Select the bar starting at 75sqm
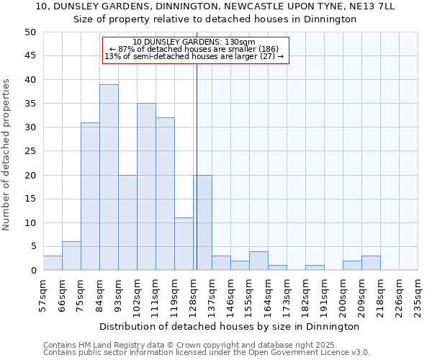click(90, 197)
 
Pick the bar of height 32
click(165, 194)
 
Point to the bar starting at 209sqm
click(371, 263)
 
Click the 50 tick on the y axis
click(30, 32)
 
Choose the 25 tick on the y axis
click(30, 151)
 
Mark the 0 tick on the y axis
click(32, 271)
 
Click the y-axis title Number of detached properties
click(7, 155)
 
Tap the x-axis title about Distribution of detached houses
click(229, 326)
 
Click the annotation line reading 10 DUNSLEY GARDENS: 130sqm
click(194, 42)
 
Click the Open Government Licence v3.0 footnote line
click(207, 353)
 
